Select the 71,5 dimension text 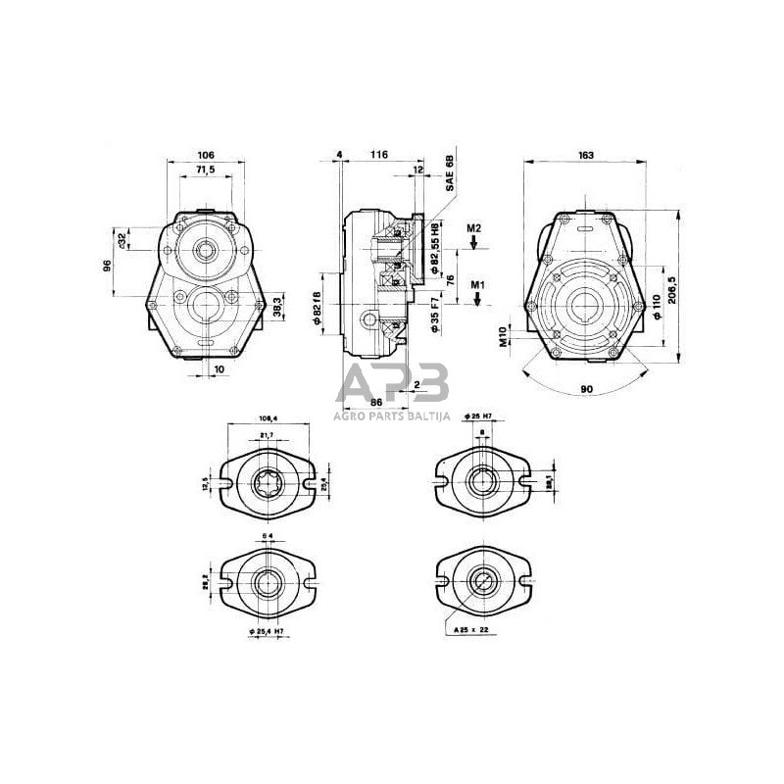206,171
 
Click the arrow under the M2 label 473,245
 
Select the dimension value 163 586,155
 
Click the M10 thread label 503,337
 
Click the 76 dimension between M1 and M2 450,279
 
